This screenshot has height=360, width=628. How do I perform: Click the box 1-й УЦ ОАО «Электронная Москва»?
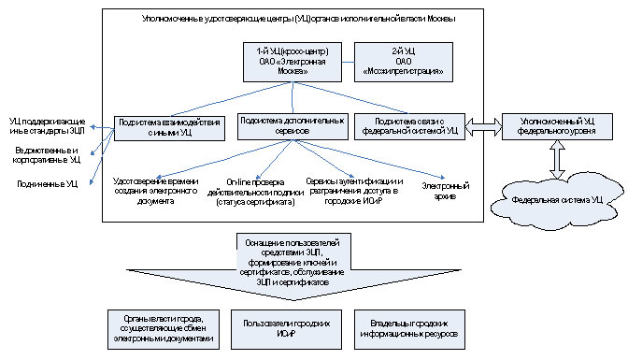click(x=291, y=63)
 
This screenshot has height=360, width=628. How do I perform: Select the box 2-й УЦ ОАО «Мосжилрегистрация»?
click(x=403, y=63)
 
